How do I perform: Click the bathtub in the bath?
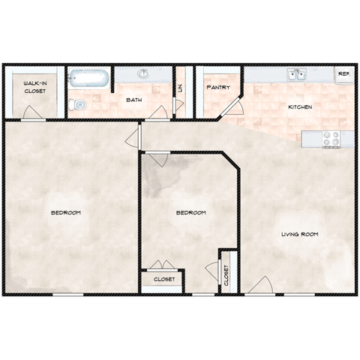point(89,79)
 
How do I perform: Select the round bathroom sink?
point(143,73)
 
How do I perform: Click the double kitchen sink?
point(296,74)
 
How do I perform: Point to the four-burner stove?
point(331,139)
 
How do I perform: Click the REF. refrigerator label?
point(344,74)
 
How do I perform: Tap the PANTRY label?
point(218,87)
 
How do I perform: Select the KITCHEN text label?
point(300,107)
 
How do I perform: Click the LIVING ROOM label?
point(300,234)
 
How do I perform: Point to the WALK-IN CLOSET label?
point(35,87)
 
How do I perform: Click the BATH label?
point(134,100)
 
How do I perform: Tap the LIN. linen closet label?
point(181,88)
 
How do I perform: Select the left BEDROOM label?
point(66,212)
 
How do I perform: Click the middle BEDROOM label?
point(191,212)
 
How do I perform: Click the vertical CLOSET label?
point(226,275)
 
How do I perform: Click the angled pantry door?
point(230,107)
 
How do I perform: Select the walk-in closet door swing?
point(32,112)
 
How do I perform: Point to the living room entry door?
point(260,286)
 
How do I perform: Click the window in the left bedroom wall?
point(67,295)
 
